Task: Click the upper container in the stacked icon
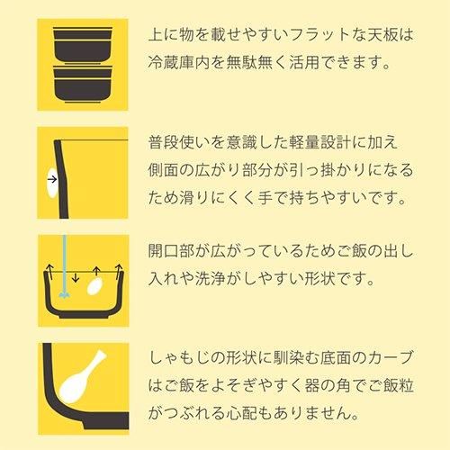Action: click(x=83, y=45)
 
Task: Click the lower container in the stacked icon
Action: click(x=83, y=85)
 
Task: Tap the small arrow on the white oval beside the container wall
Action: click(x=52, y=179)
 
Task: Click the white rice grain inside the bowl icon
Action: click(x=94, y=285)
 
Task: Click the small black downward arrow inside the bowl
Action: click(x=76, y=277)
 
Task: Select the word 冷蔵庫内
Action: click(x=179, y=62)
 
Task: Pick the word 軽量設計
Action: click(x=319, y=142)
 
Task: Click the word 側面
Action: click(x=164, y=170)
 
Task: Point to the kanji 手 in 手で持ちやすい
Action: click(x=265, y=198)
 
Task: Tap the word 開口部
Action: click(x=171, y=251)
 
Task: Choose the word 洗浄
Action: click(x=210, y=279)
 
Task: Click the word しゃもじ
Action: click(x=179, y=357)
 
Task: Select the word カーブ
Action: click(x=391, y=357)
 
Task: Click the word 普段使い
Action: click(x=179, y=142)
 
